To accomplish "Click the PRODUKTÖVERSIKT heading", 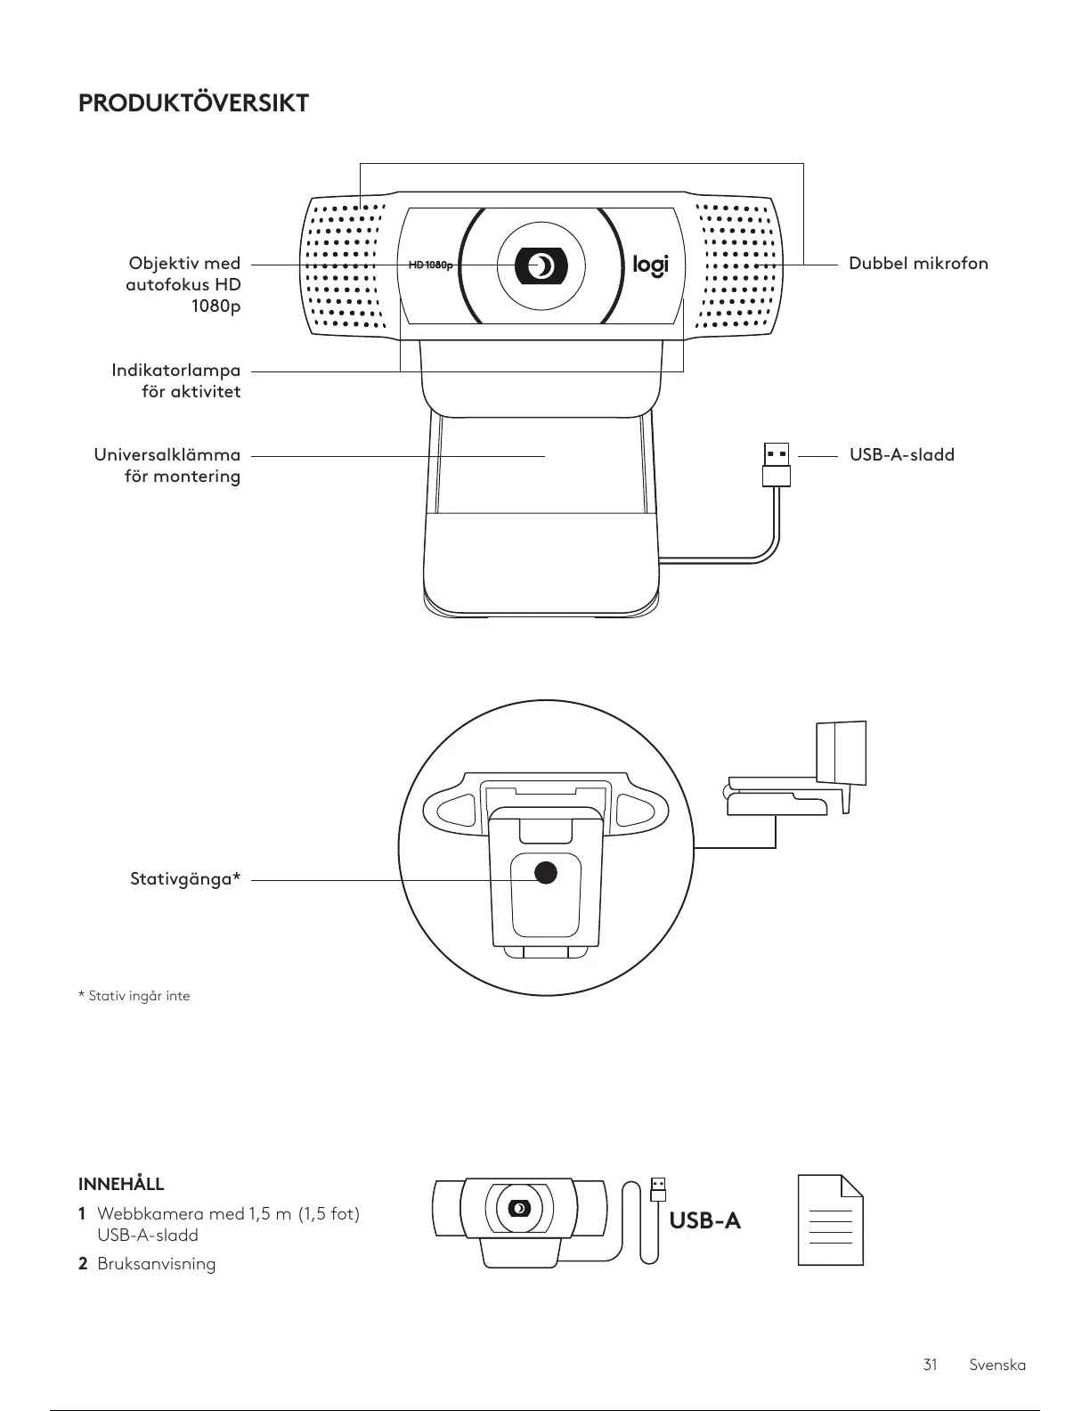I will tap(193, 103).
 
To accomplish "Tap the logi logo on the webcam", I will tap(649, 265).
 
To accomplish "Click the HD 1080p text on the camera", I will tap(430, 265).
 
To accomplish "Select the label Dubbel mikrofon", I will tap(917, 264).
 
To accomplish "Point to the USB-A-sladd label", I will tap(901, 455).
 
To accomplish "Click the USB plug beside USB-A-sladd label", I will tap(777, 463).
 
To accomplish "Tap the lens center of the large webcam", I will tap(541, 265).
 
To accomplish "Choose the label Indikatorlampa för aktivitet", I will tap(176, 380).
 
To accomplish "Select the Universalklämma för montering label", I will tap(167, 465).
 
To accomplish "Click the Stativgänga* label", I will tap(185, 880).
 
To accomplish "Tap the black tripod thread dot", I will tap(545, 872).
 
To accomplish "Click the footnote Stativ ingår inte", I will tap(134, 996).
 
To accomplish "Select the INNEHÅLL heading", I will tap(121, 1184).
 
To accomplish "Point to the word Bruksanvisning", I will tap(156, 1264).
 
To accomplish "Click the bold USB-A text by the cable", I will tap(705, 1220).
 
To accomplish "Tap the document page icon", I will tap(830, 1219).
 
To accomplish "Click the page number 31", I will tap(931, 1365).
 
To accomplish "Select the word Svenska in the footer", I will tap(997, 1365).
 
